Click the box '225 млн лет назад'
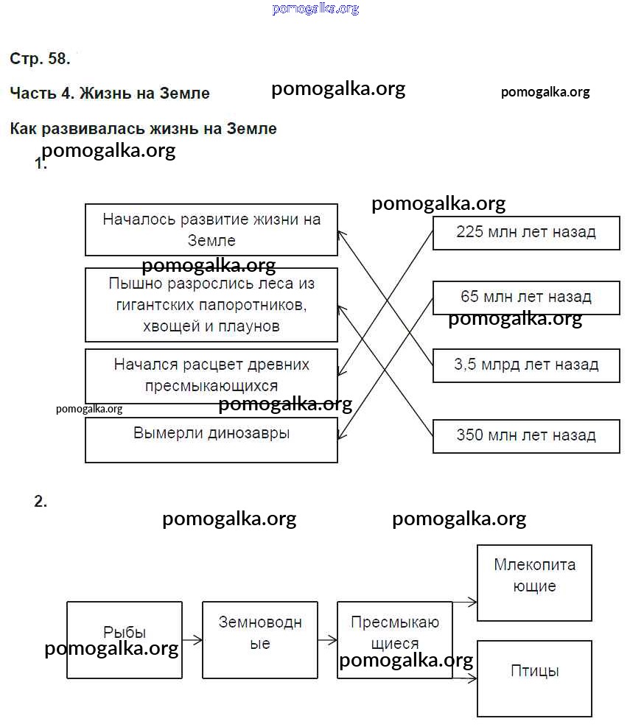click(x=526, y=233)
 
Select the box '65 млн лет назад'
click(x=526, y=297)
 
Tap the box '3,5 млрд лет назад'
click(x=526, y=365)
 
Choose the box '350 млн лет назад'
click(x=526, y=435)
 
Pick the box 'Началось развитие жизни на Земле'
click(x=211, y=229)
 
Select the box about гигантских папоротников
click(x=211, y=304)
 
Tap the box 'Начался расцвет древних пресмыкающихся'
click(x=211, y=376)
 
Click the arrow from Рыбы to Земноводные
click(x=192, y=640)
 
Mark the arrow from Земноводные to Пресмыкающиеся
click(x=328, y=640)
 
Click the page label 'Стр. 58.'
click(x=41, y=59)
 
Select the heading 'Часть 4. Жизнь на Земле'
click(x=110, y=94)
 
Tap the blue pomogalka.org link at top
click(x=315, y=9)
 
